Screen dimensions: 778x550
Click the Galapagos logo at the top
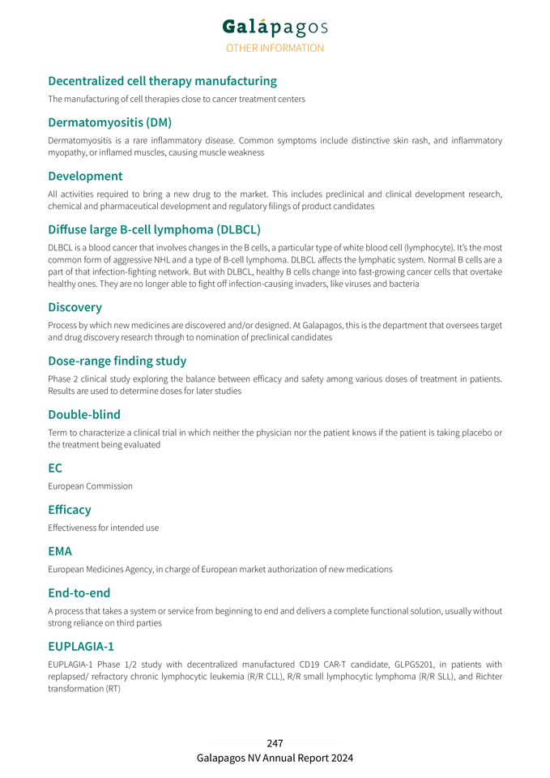point(275,27)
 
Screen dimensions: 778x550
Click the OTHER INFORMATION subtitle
point(275,48)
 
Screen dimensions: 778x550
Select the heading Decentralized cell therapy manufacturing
point(162,81)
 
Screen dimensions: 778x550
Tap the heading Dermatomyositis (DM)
point(109,123)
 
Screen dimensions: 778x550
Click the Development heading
point(85,176)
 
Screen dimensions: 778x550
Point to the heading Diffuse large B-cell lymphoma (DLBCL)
point(154,229)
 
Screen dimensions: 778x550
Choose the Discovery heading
point(75,307)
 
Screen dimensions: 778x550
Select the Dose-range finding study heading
point(117,361)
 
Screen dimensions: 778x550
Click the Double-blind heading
point(84,415)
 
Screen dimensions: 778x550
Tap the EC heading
point(55,468)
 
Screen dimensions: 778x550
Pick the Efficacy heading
point(69,510)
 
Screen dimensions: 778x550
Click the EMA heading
point(60,551)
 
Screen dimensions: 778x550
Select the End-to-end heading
point(79,593)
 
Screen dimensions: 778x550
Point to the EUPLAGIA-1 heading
point(81,647)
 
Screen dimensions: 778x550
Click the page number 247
point(275,743)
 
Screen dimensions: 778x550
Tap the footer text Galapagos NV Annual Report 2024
point(275,759)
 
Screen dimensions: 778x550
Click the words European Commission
point(90,486)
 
